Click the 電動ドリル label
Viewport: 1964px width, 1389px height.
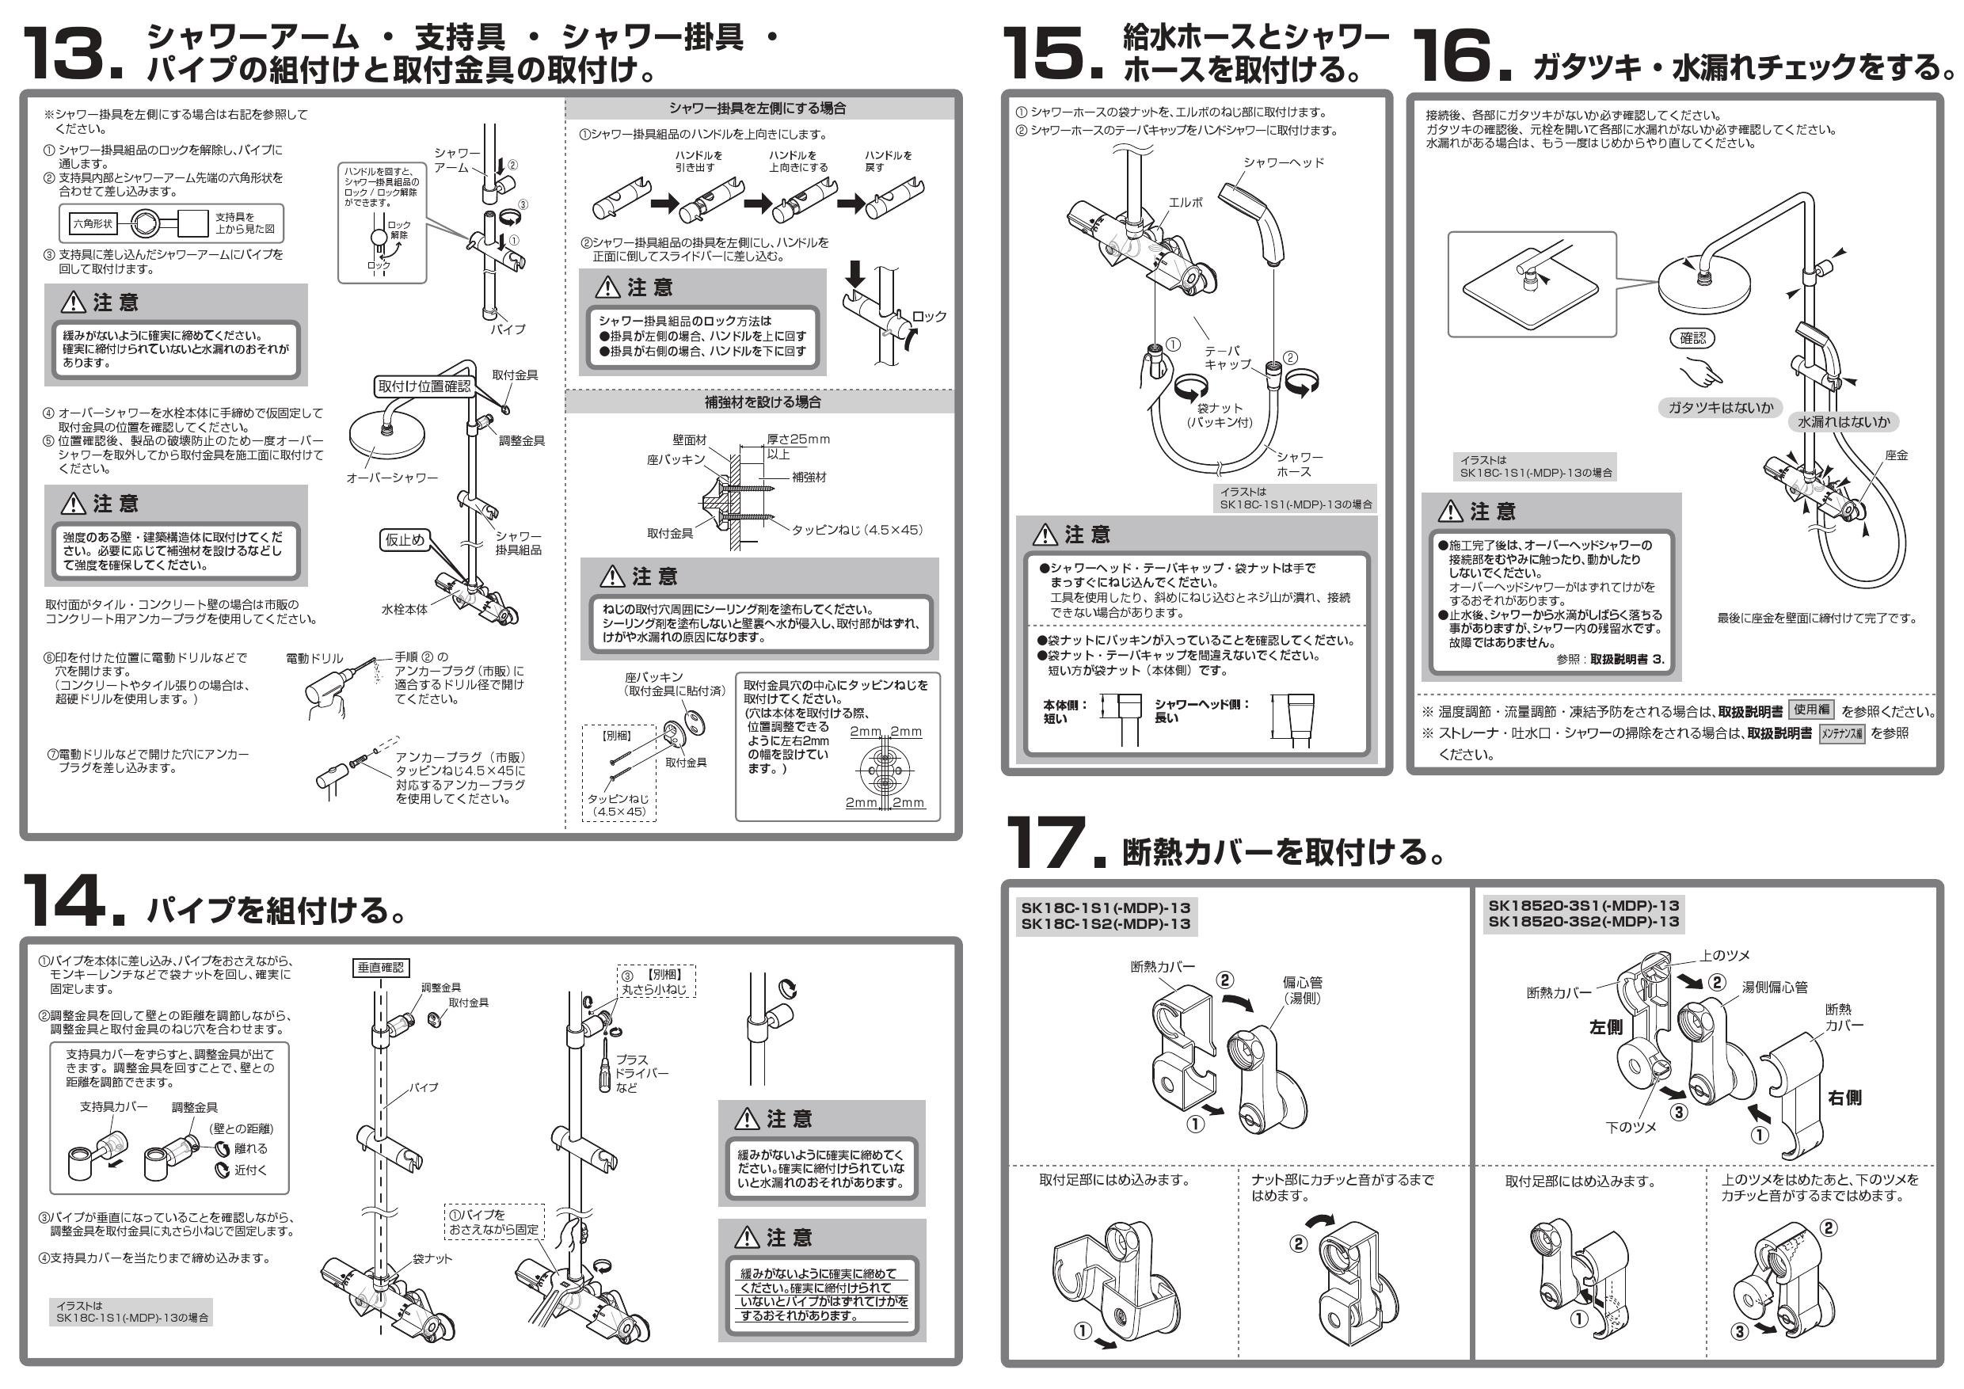click(314, 659)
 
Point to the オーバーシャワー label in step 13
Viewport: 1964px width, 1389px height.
click(392, 478)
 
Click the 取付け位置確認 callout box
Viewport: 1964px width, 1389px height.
click(424, 386)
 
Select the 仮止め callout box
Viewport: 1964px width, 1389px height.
click(404, 540)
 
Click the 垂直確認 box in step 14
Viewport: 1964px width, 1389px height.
click(381, 968)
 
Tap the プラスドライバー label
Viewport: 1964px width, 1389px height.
click(640, 1072)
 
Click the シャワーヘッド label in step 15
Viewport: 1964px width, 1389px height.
click(1283, 162)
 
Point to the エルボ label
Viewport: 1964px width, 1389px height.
click(1186, 203)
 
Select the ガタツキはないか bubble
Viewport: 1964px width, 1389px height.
click(1720, 408)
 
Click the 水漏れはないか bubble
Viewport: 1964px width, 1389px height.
click(1844, 421)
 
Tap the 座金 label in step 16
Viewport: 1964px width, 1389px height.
click(1897, 455)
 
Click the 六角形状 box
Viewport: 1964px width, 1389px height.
click(93, 224)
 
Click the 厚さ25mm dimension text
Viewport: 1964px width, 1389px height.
click(797, 439)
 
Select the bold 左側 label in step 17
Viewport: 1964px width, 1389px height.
click(1605, 1027)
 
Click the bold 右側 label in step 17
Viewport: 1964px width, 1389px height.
click(1844, 1098)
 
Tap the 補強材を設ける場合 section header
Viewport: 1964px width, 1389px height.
click(762, 402)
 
